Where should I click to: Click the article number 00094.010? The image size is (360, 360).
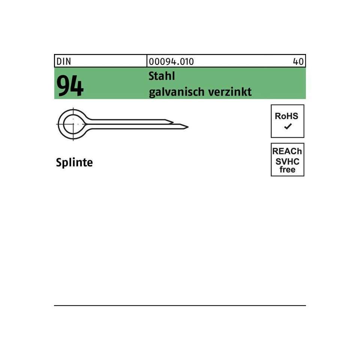tap(171, 61)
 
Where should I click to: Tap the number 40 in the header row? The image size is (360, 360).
tap(299, 61)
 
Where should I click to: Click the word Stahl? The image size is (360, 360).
tap(162, 76)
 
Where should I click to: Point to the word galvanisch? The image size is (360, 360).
tap(174, 92)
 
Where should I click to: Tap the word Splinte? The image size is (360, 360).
tap(74, 163)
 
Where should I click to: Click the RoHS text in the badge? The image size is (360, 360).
tap(287, 117)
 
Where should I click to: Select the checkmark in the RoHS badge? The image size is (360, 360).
tap(288, 127)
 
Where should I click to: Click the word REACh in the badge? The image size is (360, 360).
tap(288, 152)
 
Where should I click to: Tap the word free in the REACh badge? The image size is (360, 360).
tap(288, 169)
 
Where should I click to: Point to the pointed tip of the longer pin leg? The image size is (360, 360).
tap(187, 127)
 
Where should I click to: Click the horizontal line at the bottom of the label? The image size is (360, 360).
tap(180, 306)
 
